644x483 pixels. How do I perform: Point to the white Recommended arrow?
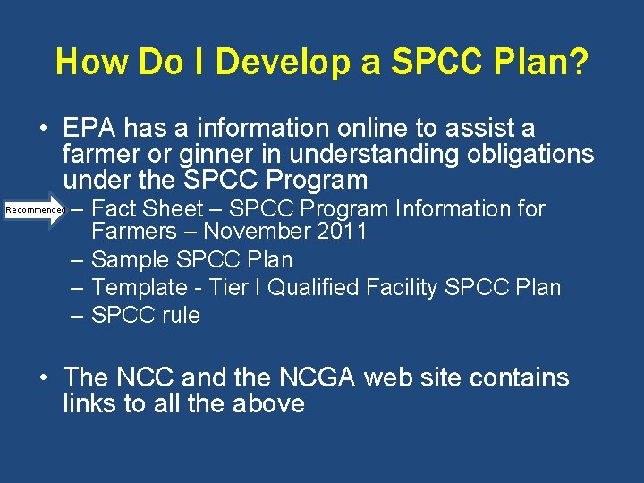(36, 209)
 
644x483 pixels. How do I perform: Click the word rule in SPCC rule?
(181, 316)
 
